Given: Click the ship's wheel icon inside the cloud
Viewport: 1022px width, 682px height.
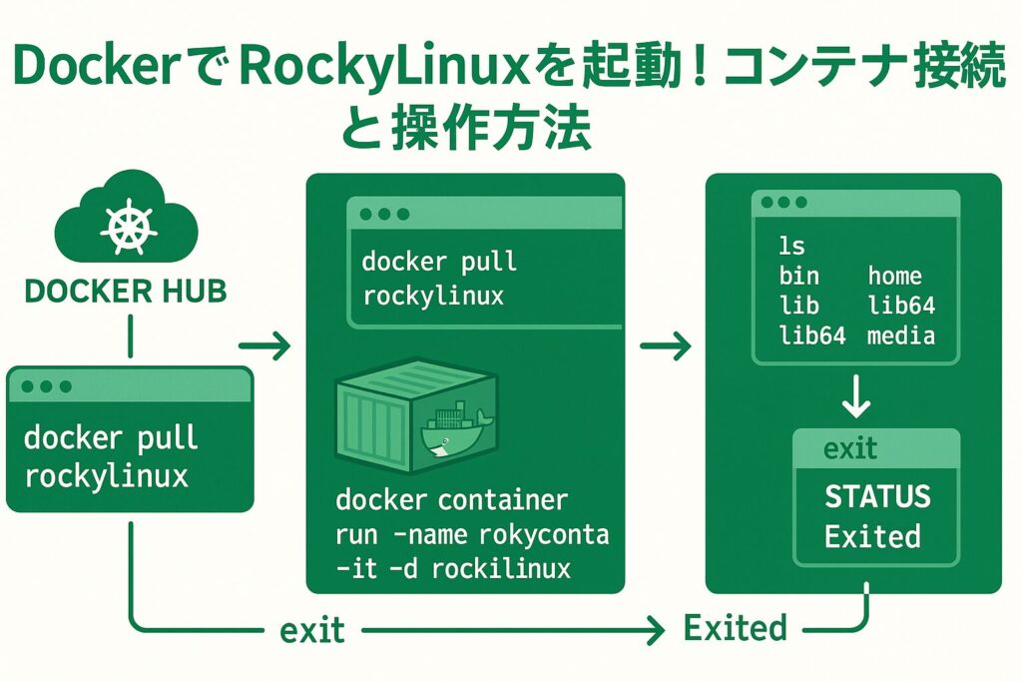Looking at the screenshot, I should pos(127,232).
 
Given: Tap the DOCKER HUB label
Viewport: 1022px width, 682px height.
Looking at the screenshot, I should pos(125,292).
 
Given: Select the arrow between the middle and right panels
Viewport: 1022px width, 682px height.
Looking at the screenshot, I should pos(665,347).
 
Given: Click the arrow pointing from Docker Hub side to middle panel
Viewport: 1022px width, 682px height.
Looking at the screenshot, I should pos(264,347).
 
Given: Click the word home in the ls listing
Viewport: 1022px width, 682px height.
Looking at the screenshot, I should pos(894,277).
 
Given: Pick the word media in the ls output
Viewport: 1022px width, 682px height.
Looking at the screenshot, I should pos(900,336).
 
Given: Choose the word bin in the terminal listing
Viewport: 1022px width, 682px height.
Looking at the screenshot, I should pos(798,277).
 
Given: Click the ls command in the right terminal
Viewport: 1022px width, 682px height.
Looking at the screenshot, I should pos(791,246).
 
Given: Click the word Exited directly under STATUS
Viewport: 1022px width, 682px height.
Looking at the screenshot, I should pos(872,537).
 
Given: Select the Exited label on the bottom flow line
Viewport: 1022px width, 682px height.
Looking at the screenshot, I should pos(735,628).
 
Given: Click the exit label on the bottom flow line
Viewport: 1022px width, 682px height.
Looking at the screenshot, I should pos(311,630).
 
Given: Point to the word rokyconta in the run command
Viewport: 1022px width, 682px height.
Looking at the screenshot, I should pos(543,535).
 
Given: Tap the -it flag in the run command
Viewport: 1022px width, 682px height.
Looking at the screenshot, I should pos(356,569).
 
